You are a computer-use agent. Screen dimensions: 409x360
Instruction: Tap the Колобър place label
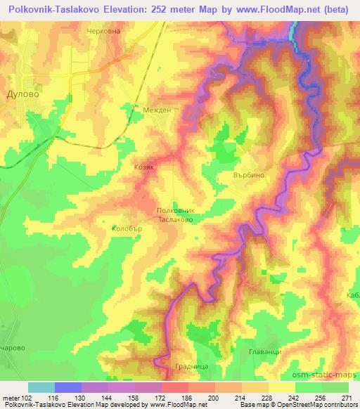(x=126, y=228)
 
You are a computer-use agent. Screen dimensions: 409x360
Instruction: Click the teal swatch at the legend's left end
(x=41, y=387)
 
